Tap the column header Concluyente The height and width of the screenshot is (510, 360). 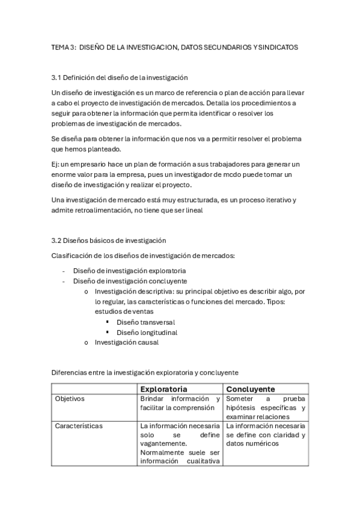251,389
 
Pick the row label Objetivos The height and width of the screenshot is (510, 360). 70,399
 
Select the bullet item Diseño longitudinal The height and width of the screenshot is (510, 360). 147,332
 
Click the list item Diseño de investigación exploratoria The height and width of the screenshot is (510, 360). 129,271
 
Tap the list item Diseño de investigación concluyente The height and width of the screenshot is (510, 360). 130,281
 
